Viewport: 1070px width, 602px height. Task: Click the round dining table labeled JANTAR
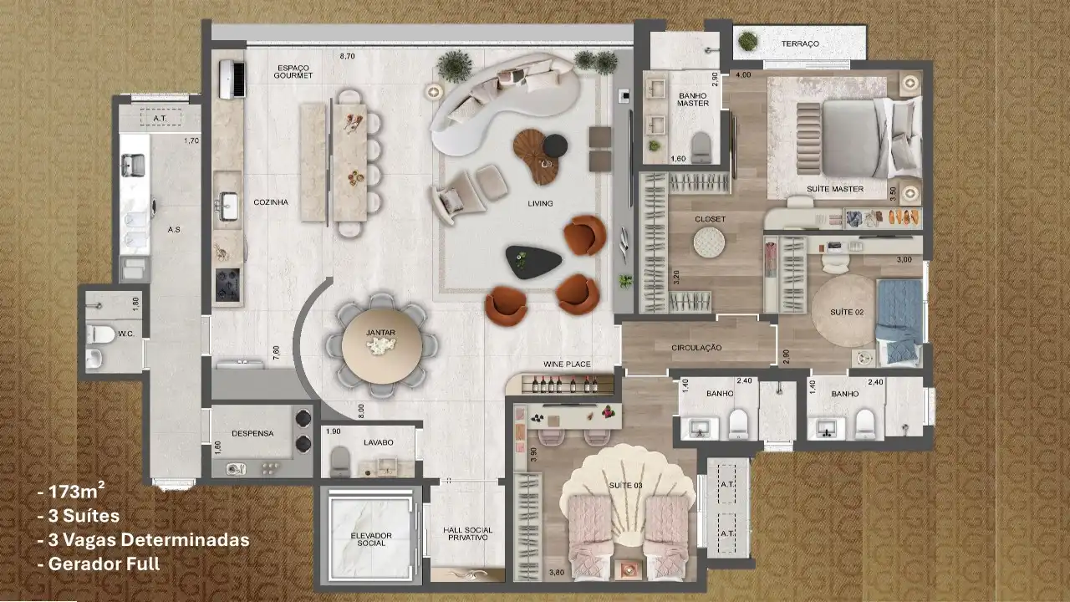point(382,345)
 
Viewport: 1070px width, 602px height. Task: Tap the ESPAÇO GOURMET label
point(293,72)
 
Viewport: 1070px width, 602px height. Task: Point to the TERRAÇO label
point(800,44)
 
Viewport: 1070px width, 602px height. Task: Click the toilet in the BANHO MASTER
point(701,147)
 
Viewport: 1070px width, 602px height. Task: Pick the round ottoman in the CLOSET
point(709,242)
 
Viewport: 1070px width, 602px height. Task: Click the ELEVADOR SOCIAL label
point(371,539)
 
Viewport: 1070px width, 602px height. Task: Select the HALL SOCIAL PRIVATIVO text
point(467,533)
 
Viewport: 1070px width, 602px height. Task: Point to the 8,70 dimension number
point(347,56)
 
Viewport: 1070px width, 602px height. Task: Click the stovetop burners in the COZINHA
point(227,285)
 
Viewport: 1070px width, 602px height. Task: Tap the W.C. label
point(126,334)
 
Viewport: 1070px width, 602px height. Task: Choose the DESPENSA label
point(252,434)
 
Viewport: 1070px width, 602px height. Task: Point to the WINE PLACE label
point(567,364)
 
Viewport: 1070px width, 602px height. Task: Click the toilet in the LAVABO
point(340,462)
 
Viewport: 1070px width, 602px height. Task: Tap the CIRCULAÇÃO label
point(696,348)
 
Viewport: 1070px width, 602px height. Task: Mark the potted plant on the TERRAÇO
point(747,42)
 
